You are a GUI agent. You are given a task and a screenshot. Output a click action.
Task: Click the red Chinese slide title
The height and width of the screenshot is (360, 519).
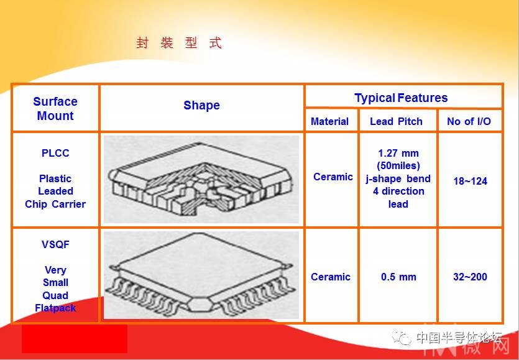tap(179, 43)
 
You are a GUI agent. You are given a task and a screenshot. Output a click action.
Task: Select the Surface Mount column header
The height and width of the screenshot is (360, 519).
tap(55, 108)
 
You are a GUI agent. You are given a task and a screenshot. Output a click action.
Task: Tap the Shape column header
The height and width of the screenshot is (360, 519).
tap(201, 105)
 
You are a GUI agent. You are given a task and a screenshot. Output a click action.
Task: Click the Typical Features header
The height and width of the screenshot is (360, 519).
tap(401, 98)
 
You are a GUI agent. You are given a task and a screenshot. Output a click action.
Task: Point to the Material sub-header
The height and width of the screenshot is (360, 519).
tap(329, 121)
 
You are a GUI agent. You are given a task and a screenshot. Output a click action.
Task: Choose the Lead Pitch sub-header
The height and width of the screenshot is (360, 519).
tap(396, 121)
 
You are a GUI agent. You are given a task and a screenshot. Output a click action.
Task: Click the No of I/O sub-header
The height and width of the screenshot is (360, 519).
tap(469, 121)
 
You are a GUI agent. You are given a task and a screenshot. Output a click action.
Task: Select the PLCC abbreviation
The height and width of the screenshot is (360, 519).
tap(55, 153)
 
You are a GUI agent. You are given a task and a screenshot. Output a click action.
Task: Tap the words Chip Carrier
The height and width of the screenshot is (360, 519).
tap(55, 204)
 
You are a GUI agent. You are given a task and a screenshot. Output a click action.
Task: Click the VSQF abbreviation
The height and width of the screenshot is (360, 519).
tap(55, 244)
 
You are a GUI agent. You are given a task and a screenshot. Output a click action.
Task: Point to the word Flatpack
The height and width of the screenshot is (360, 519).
tap(55, 308)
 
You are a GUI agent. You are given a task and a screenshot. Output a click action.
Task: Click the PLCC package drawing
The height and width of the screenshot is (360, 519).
tap(201, 179)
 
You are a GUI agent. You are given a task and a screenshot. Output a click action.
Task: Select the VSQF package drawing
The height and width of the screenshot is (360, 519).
tap(201, 275)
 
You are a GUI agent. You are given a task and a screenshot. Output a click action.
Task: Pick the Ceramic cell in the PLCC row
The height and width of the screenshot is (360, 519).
tap(333, 177)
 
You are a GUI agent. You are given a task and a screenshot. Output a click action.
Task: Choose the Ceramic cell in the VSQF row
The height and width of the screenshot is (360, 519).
tap(330, 277)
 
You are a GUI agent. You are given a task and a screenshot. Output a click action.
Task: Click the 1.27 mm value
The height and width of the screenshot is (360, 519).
tap(398, 154)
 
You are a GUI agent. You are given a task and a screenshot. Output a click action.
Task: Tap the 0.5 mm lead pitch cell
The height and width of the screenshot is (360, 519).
tap(398, 277)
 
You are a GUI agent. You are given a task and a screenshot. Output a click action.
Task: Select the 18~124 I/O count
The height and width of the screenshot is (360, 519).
tap(470, 181)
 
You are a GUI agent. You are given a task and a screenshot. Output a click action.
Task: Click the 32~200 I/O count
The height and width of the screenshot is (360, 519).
tap(470, 277)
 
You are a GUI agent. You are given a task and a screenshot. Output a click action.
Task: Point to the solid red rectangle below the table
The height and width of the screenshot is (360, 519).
tap(75, 339)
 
